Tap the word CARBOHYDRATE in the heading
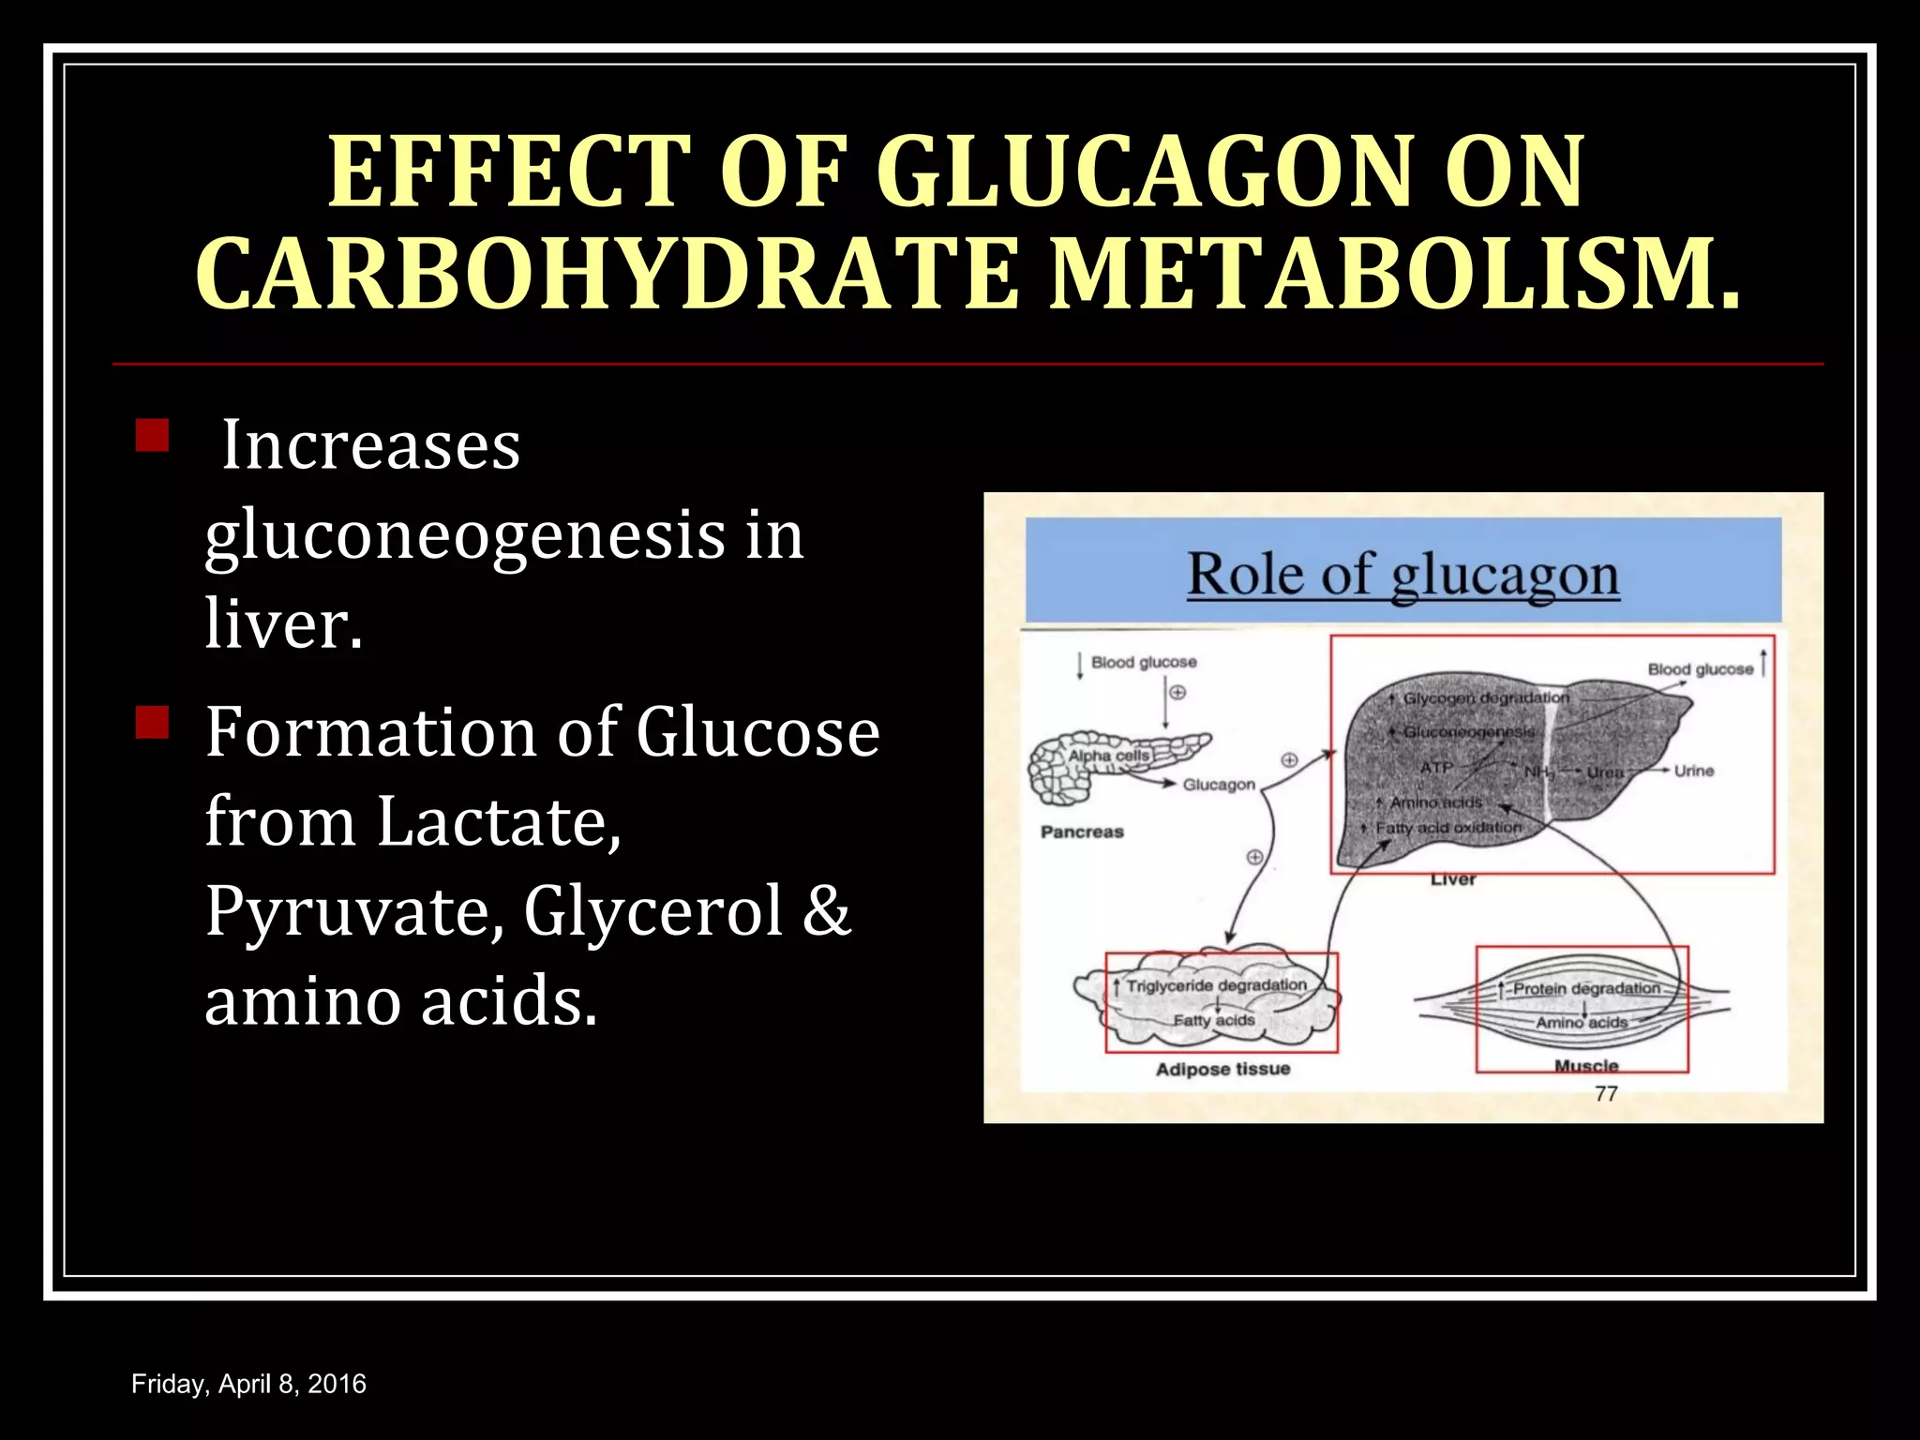[606, 274]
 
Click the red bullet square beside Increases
[151, 436]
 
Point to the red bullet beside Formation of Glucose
[151, 722]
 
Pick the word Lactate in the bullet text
[499, 821]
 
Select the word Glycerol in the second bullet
[652, 911]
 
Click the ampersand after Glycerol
[826, 911]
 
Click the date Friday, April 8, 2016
[248, 1384]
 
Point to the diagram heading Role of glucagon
[1402, 575]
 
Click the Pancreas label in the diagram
[1082, 832]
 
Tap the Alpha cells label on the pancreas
[1108, 756]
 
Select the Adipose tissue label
[1222, 1070]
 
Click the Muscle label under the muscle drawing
[1586, 1066]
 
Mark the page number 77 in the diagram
[1606, 1094]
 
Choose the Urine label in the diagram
[1694, 771]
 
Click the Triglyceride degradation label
[1216, 985]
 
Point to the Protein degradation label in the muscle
[1586, 989]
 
